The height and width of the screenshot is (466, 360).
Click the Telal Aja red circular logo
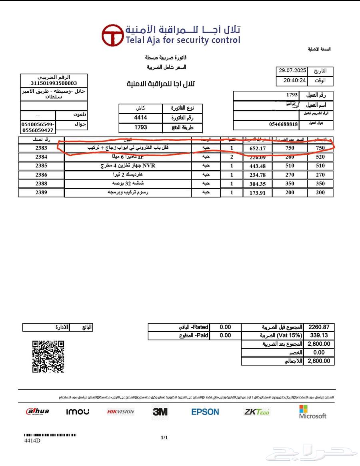point(112,35)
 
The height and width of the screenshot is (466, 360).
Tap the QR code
point(48,356)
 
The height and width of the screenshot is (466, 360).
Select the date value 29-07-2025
point(292,71)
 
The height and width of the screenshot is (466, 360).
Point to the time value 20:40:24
point(295,80)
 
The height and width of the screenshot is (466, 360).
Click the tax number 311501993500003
point(54,83)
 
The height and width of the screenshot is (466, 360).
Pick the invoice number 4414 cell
point(140,118)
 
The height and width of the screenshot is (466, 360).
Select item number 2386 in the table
point(41,175)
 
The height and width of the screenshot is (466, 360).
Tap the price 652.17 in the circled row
point(257,148)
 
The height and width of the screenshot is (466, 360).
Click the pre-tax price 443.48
point(257,166)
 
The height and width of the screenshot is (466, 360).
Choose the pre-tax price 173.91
point(257,193)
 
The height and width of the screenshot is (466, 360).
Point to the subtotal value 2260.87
point(319,327)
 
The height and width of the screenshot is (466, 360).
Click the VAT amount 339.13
point(319,336)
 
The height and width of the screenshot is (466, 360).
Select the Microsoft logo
point(312,412)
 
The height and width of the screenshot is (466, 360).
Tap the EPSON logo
point(205,412)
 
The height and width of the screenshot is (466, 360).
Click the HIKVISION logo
point(120,412)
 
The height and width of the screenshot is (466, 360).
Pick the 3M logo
point(160,412)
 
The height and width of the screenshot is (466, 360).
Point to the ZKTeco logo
point(257,412)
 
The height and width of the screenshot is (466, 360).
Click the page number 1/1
point(164,438)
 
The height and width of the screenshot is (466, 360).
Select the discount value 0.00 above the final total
point(319,352)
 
